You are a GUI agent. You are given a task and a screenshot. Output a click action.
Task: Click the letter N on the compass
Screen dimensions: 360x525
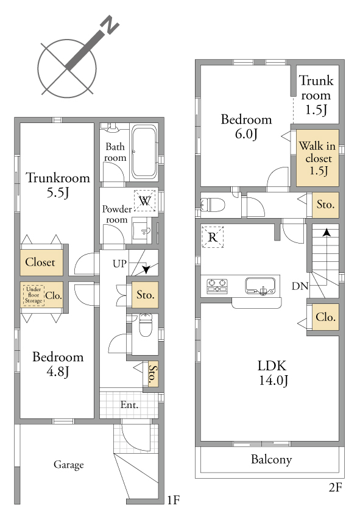click(110, 24)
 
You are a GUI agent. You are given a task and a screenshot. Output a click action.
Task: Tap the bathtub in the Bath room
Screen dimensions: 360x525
click(144, 152)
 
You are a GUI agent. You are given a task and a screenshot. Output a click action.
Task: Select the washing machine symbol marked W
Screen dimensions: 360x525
click(145, 200)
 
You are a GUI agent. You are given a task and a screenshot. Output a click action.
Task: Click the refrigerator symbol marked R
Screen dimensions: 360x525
click(213, 237)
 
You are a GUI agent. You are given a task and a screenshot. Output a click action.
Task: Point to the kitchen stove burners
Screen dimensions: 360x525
click(217, 286)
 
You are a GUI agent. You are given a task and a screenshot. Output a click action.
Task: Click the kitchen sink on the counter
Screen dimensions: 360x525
click(260, 286)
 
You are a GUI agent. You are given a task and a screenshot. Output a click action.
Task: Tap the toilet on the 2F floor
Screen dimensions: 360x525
click(213, 204)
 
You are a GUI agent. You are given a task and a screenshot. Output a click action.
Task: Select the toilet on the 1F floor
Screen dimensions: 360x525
click(146, 325)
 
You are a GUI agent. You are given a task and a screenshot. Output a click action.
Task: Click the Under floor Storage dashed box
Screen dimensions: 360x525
click(34, 295)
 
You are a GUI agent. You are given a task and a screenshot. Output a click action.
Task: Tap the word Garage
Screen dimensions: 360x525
click(69, 465)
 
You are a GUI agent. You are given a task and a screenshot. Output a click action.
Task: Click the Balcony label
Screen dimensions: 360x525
click(271, 459)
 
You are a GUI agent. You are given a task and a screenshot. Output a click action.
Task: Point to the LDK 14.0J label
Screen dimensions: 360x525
click(272, 373)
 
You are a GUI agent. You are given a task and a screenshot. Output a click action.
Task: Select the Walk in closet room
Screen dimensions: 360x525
click(317, 158)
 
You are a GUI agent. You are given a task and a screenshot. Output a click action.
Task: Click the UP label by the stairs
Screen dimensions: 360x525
click(119, 264)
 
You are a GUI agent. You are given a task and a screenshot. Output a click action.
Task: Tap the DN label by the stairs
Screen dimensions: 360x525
click(300, 286)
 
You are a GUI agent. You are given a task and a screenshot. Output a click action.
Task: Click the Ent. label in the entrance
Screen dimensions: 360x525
click(129, 404)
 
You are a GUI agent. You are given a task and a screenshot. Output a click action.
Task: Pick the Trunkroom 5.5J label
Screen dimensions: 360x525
click(58, 185)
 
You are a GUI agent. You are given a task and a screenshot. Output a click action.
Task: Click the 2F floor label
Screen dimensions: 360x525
click(335, 487)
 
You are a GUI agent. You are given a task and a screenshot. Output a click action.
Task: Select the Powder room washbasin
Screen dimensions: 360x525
click(142, 230)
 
